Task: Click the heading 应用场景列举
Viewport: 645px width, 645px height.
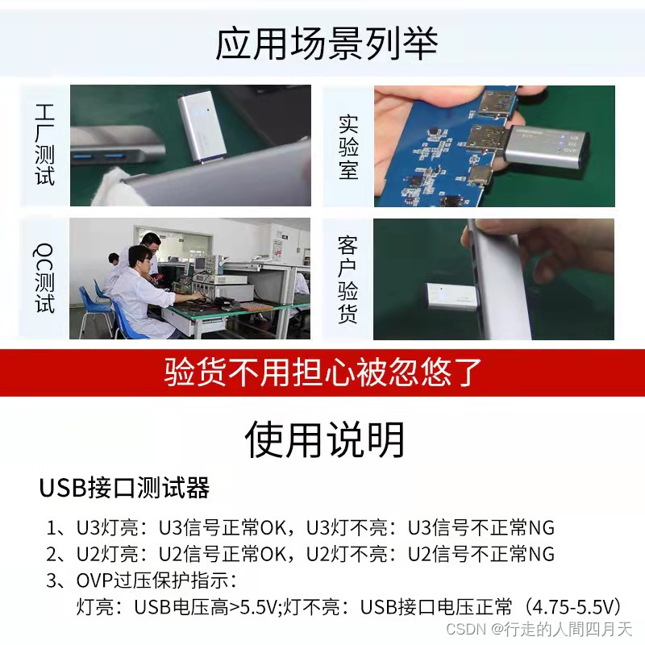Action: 327,44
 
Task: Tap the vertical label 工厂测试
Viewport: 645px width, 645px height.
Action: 44,144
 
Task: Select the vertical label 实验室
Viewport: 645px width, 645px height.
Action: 348,147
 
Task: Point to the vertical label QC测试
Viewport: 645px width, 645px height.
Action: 44,278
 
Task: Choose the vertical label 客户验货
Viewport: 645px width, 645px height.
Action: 347,279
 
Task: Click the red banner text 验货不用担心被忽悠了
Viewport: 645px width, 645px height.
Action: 322,372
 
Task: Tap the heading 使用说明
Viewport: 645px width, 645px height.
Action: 324,439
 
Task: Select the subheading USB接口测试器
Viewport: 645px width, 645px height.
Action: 124,488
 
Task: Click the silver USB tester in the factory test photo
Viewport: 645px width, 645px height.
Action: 202,127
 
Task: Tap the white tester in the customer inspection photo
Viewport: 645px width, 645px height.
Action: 451,296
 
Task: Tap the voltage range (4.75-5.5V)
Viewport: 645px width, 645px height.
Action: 572,607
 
